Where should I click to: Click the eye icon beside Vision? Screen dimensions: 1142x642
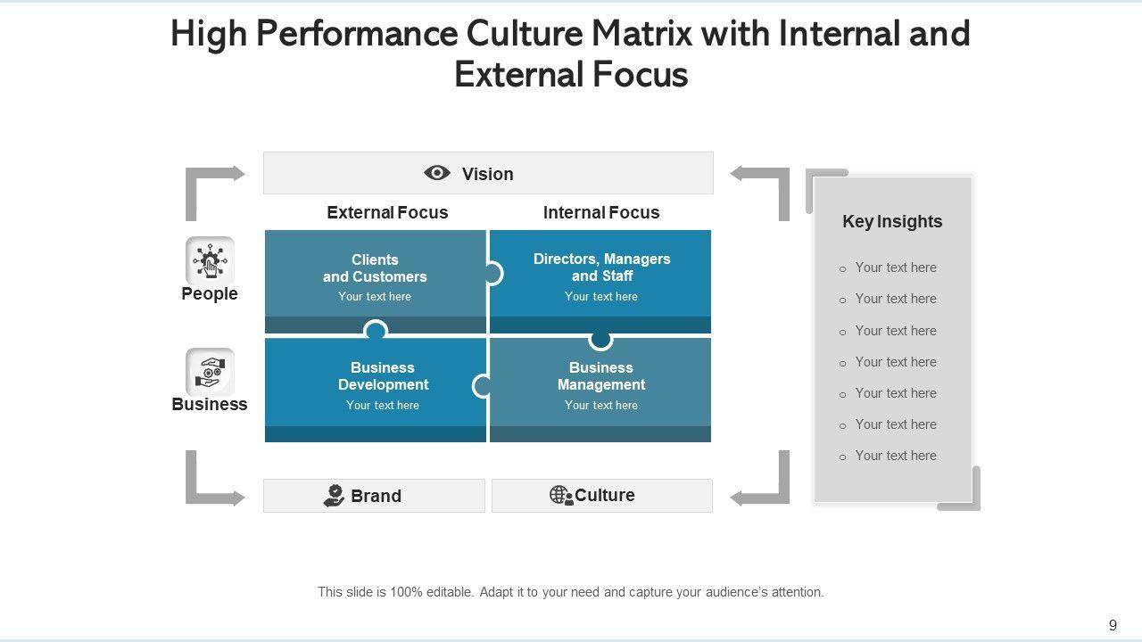pyautogui.click(x=437, y=173)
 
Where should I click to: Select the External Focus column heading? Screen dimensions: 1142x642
pyautogui.click(x=387, y=212)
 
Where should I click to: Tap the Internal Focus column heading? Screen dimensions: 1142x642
pyautogui.click(x=601, y=212)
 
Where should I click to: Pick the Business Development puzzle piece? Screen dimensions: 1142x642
pyautogui.click(x=383, y=387)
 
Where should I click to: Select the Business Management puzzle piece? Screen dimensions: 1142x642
pyautogui.click(x=600, y=387)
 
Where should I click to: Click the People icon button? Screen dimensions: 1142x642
pyautogui.click(x=210, y=260)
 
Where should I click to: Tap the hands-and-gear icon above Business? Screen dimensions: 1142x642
pyautogui.click(x=210, y=371)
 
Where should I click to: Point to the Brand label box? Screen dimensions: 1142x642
pyautogui.click(x=374, y=496)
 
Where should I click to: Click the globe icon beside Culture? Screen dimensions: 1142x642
pyautogui.click(x=560, y=495)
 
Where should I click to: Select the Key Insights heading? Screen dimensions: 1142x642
pyautogui.click(x=892, y=221)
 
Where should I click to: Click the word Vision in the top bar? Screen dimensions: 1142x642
pyautogui.click(x=487, y=174)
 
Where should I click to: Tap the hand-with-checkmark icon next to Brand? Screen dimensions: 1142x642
pyautogui.click(x=334, y=496)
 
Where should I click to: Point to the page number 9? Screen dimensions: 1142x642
pyautogui.click(x=1113, y=625)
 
